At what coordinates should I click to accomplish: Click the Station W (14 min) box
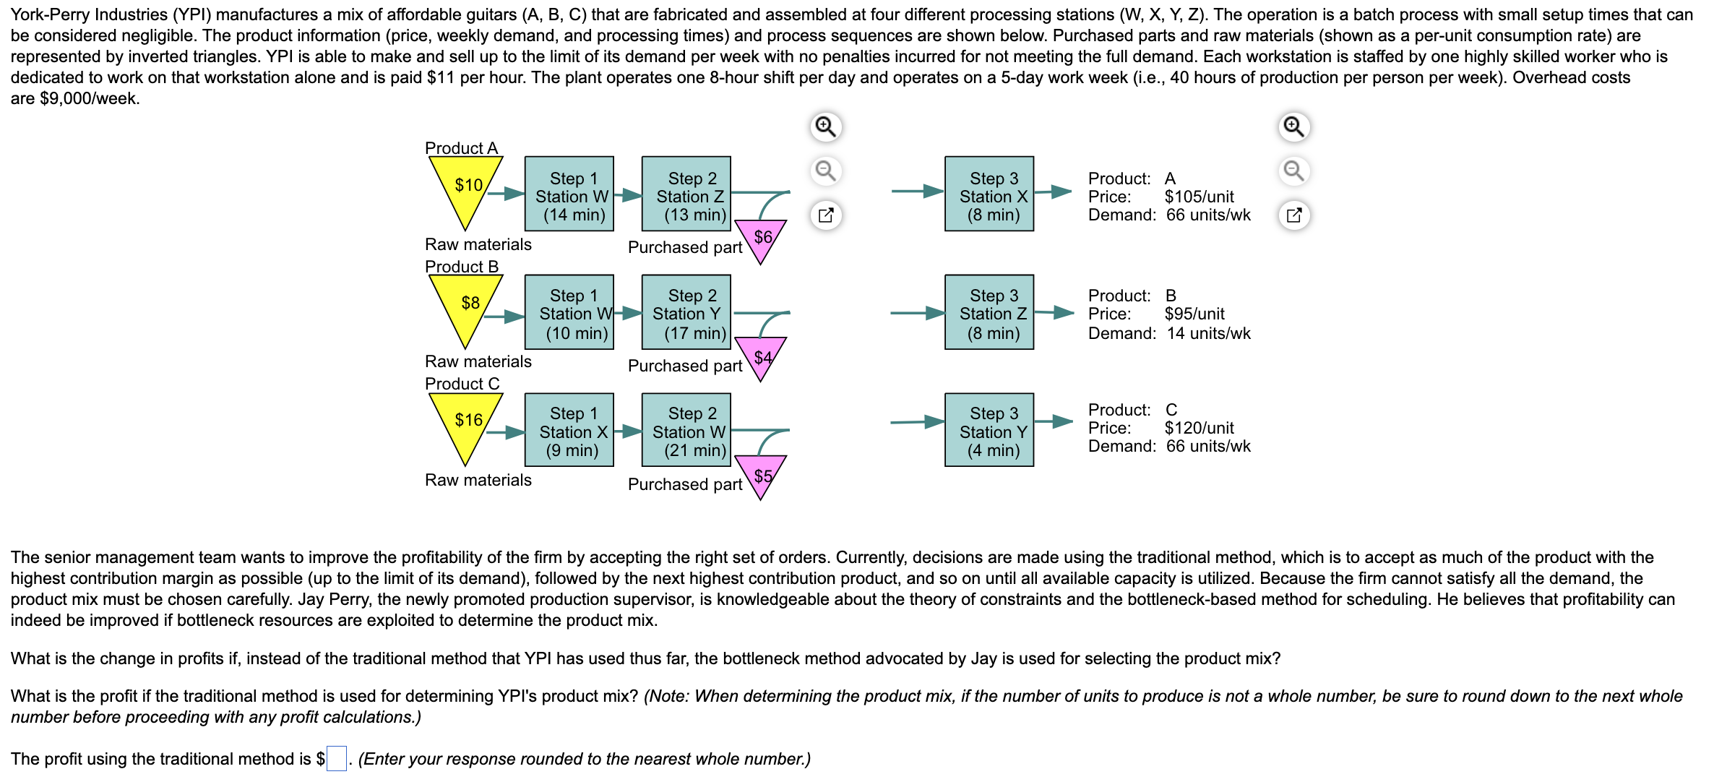(x=569, y=194)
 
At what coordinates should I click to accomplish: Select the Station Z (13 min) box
(x=686, y=194)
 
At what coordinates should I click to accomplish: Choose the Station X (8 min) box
(x=989, y=194)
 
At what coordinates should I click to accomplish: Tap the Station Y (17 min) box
(x=686, y=312)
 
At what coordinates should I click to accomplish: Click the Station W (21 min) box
(x=686, y=430)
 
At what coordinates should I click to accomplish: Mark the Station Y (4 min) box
(x=989, y=430)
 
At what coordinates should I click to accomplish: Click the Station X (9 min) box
(x=569, y=430)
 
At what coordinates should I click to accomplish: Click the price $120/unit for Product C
(x=1199, y=428)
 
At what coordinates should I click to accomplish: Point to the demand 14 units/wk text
(x=1208, y=333)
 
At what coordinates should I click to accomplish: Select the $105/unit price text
(x=1199, y=197)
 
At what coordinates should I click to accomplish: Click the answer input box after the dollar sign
(x=337, y=759)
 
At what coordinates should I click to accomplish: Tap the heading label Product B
(x=462, y=267)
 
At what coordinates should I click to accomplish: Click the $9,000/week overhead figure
(x=89, y=98)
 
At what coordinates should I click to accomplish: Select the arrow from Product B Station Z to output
(x=1054, y=313)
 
